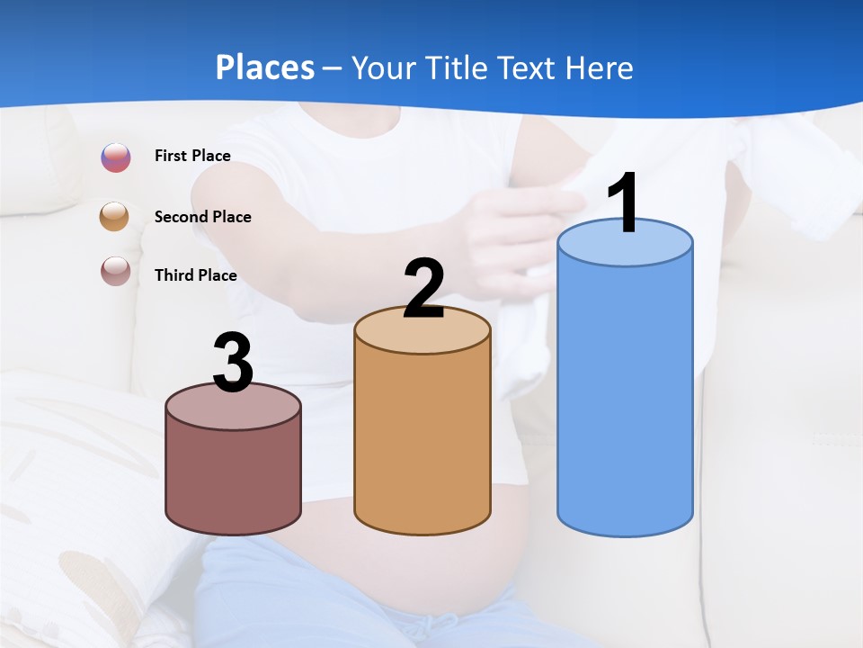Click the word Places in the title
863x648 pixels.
click(265, 67)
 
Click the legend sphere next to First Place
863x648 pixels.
click(116, 157)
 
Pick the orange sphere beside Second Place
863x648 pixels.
click(115, 216)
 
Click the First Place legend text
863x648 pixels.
click(192, 156)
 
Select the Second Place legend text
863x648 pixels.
click(202, 216)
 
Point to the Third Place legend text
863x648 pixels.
click(196, 275)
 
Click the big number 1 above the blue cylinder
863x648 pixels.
click(624, 203)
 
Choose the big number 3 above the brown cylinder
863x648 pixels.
click(233, 364)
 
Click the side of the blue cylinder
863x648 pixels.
click(625, 396)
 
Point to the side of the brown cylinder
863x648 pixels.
click(233, 477)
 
